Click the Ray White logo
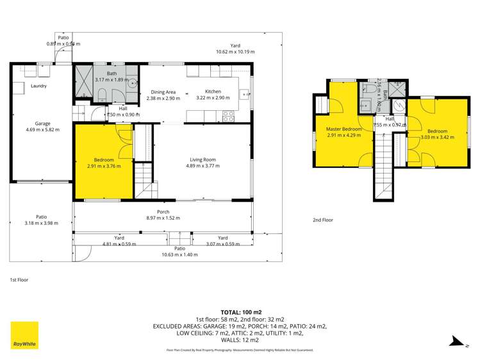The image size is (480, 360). pyautogui.click(x=24, y=335)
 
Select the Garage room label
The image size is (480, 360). pyautogui.click(x=42, y=124)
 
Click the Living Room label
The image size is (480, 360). pyautogui.click(x=203, y=160)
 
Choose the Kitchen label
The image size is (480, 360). pyautogui.click(x=213, y=92)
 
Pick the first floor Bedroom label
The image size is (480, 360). pyautogui.click(x=104, y=160)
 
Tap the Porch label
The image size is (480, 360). pyautogui.click(x=163, y=211)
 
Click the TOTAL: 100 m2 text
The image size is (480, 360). pyautogui.click(x=240, y=310)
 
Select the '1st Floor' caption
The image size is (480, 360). pyautogui.click(x=19, y=280)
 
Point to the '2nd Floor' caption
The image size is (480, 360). pyautogui.click(x=323, y=220)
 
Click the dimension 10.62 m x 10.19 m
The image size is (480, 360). pyautogui.click(x=235, y=52)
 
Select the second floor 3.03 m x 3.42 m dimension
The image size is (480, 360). pyautogui.click(x=438, y=137)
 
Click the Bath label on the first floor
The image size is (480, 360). pyautogui.click(x=112, y=74)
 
